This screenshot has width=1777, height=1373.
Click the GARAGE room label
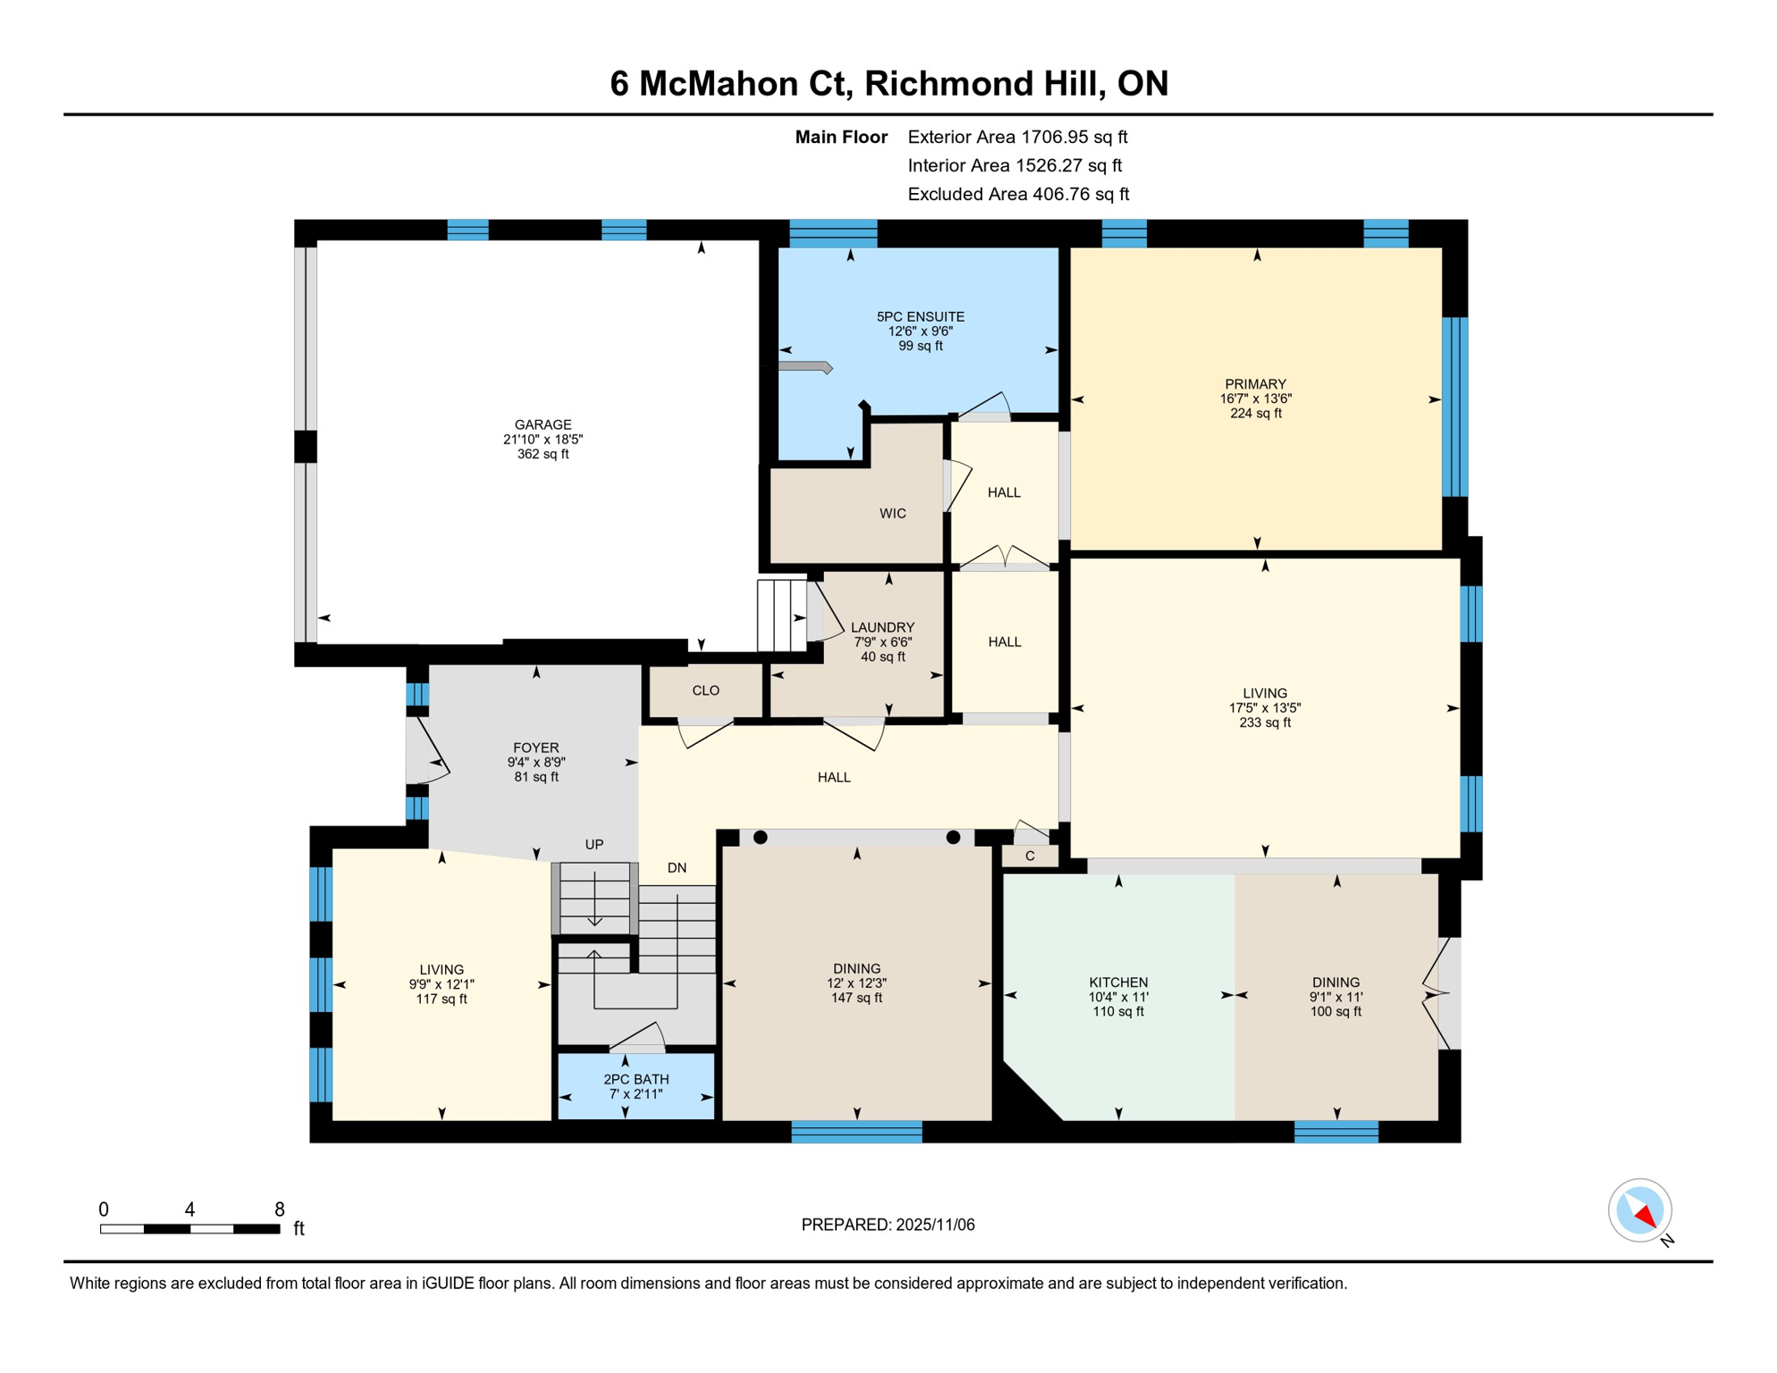[x=543, y=425]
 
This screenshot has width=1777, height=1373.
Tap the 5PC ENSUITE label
[x=920, y=316]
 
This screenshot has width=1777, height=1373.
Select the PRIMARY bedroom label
[x=1255, y=384]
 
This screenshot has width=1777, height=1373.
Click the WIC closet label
[x=892, y=513]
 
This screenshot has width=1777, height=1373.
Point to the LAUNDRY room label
[x=882, y=628]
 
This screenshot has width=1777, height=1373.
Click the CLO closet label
[x=705, y=690]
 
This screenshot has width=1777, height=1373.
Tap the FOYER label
[x=535, y=748]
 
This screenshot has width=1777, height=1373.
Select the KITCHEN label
[x=1117, y=982]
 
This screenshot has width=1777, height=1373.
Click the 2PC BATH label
[x=636, y=1080]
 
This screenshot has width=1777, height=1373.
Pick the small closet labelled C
[x=1030, y=856]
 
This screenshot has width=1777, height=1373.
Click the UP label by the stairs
[x=594, y=845]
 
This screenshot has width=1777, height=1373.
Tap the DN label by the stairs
[x=677, y=868]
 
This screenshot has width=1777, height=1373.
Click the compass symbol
[x=1639, y=1210]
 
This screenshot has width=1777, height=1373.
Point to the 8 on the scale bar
[x=280, y=1209]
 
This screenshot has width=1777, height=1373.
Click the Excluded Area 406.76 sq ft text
[x=1017, y=194]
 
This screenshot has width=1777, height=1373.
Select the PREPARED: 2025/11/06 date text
[x=888, y=1225]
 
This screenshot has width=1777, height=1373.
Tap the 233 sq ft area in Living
[x=1264, y=722]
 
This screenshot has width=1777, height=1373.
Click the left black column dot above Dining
[x=760, y=838]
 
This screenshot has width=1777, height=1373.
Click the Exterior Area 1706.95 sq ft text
[x=1016, y=137]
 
